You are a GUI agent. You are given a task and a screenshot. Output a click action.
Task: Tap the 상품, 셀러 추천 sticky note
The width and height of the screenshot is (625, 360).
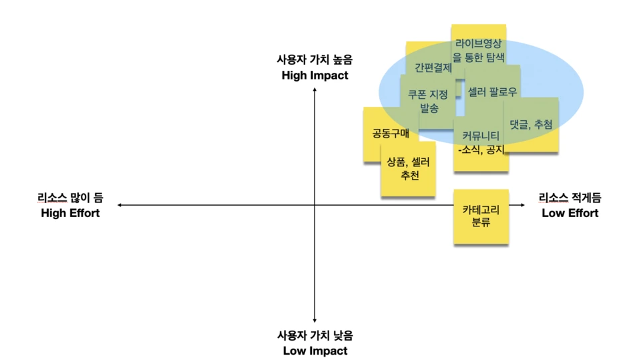[x=409, y=169]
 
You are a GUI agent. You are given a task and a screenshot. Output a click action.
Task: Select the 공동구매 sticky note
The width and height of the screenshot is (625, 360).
[x=391, y=134]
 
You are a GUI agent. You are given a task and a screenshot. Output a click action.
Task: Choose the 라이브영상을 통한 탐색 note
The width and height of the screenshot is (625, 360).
[x=479, y=50]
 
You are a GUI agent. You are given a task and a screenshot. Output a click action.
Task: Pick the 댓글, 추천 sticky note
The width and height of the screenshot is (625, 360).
[x=531, y=124]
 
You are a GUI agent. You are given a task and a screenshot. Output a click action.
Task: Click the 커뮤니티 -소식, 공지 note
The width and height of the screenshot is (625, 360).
[x=480, y=142]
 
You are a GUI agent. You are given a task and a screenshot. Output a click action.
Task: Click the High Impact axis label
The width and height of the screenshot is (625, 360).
[x=315, y=75]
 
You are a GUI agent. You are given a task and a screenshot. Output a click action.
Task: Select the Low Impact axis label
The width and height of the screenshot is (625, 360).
[x=315, y=351]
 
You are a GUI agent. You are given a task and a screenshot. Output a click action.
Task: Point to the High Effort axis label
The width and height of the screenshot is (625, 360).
[x=70, y=213]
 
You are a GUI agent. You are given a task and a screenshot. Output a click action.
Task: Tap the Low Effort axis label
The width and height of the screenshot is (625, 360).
[x=570, y=213]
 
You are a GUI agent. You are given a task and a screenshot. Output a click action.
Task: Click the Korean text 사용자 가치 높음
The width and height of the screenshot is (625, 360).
[x=315, y=60]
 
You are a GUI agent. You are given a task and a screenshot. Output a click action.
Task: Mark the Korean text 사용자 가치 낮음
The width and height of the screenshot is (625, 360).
[x=315, y=335]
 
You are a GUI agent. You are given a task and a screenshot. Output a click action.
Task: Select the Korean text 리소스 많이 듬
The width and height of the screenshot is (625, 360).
[x=70, y=198]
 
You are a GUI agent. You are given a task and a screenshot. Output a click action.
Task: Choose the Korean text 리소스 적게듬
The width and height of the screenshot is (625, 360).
[x=570, y=198]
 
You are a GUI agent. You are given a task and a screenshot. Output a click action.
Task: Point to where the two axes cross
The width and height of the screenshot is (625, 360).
[x=315, y=205]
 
